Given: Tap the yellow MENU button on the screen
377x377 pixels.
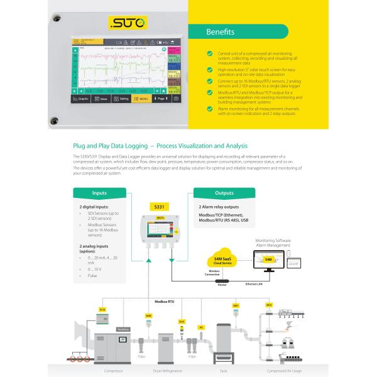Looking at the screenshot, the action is pos(141,99).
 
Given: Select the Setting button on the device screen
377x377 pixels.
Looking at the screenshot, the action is pos(121,99).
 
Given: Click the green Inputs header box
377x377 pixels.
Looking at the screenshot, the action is pos(99,193).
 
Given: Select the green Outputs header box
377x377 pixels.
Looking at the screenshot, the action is pos(224,193).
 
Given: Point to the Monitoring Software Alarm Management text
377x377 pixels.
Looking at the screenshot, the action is pos(277,243).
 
